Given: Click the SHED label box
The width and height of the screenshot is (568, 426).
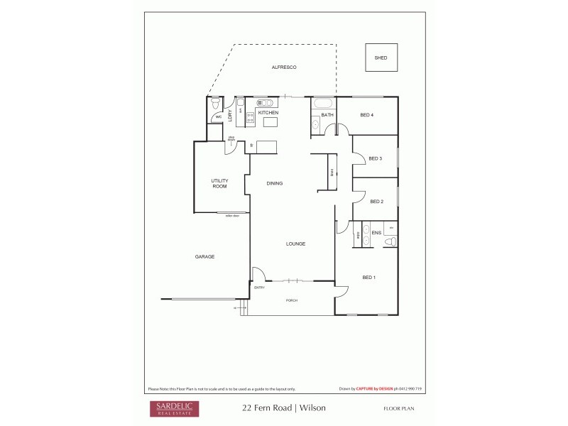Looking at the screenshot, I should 381,58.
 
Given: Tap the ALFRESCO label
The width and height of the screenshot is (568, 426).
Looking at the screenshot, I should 283,67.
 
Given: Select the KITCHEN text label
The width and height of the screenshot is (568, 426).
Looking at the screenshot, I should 268,113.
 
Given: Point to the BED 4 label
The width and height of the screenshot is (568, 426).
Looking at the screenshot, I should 366,114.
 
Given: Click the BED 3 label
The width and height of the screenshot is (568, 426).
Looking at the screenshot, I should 376,158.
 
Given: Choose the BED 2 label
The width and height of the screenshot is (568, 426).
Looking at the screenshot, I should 376,202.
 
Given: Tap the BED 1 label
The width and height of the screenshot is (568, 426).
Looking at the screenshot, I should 368,277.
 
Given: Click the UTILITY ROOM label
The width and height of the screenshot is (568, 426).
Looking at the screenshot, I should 219,183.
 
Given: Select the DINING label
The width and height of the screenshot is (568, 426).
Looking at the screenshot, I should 275,183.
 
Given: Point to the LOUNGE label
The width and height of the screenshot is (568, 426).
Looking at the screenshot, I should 295,244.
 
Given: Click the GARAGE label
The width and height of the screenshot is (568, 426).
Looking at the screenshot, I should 205,256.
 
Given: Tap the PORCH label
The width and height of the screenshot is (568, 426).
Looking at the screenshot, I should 291,300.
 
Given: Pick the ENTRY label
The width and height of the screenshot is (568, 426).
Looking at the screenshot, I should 259,288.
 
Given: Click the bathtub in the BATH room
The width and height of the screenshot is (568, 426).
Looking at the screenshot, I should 323,104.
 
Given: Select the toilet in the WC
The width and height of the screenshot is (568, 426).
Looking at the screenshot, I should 216,104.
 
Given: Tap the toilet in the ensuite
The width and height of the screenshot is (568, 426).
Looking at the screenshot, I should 390,242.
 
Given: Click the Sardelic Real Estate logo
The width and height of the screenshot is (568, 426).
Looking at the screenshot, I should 174,408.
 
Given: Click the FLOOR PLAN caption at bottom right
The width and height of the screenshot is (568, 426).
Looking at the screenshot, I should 398,408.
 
